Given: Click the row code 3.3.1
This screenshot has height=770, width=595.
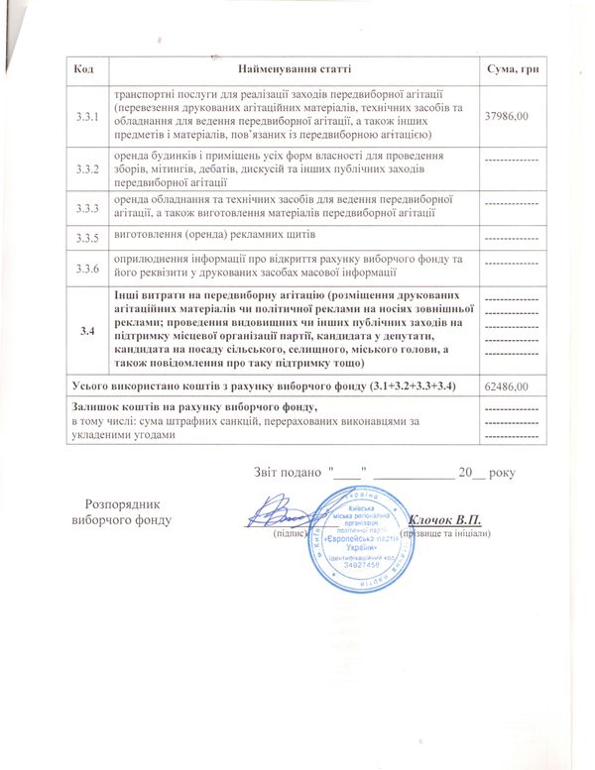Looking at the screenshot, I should tap(88, 117).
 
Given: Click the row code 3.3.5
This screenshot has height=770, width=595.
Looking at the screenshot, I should tap(88, 238).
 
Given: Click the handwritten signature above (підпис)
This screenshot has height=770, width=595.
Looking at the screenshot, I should tap(288, 515).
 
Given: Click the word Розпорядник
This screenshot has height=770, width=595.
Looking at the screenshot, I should tap(121, 503).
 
